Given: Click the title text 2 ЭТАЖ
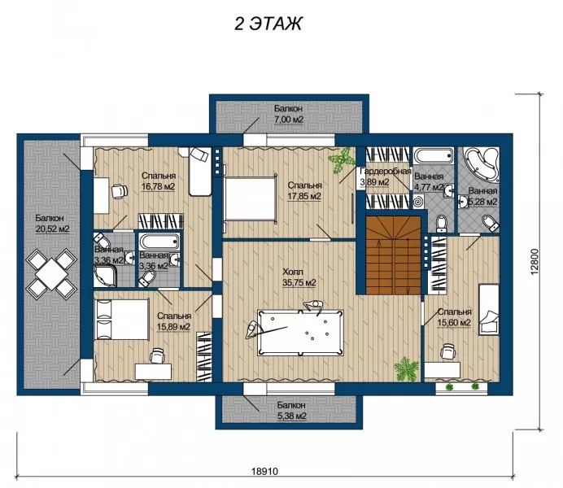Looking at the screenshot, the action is click(x=268, y=24).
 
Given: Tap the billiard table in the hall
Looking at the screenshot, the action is click(x=300, y=333).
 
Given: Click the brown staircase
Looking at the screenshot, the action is click(x=393, y=255).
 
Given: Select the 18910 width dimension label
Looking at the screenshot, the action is click(x=264, y=471).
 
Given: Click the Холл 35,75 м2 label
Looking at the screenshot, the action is click(x=299, y=277).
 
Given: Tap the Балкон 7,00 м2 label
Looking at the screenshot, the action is click(x=289, y=114).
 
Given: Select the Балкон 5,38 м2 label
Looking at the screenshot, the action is click(x=291, y=411).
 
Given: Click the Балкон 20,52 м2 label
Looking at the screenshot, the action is click(x=52, y=223).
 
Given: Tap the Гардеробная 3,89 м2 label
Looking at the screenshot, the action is click(x=385, y=176).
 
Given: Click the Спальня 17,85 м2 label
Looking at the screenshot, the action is click(x=304, y=190).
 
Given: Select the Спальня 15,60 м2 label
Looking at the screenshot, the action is click(x=454, y=317).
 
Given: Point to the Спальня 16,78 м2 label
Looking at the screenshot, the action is click(x=158, y=181).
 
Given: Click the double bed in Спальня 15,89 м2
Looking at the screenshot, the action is click(x=121, y=319).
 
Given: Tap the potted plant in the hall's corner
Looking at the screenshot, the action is click(x=407, y=368).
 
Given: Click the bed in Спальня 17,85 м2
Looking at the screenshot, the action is click(x=251, y=198).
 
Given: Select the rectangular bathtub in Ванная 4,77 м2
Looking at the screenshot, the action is click(x=433, y=155).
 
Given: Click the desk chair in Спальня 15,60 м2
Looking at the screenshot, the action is click(x=447, y=351).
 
